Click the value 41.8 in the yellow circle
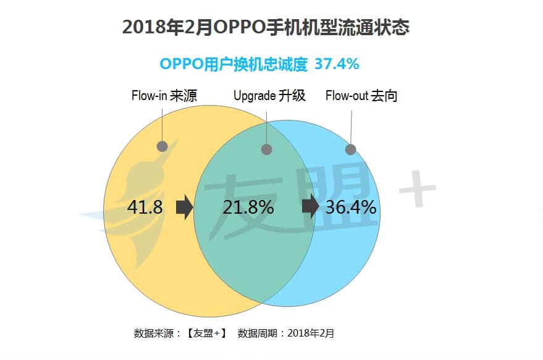(x=145, y=207)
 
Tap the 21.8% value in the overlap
(x=248, y=207)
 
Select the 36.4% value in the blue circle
(x=350, y=207)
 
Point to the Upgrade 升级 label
(x=269, y=96)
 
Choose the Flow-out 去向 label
(x=361, y=96)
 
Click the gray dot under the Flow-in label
(x=162, y=146)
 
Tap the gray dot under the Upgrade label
(x=267, y=149)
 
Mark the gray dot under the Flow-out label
(x=350, y=149)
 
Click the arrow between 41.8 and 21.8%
(x=184, y=207)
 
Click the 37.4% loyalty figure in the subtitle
(x=337, y=64)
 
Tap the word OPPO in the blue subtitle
(x=180, y=64)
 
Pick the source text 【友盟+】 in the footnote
(x=206, y=333)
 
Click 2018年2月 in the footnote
(x=311, y=333)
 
